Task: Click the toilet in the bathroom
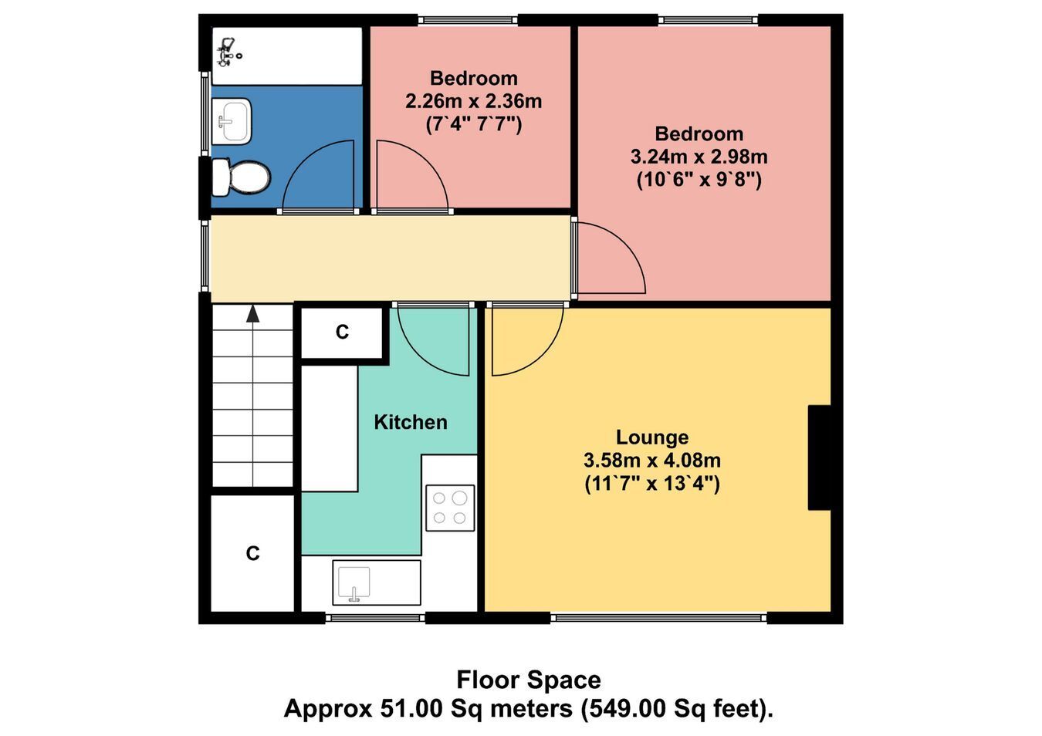(x=241, y=177)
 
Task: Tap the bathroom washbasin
(x=232, y=121)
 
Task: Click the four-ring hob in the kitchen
(x=450, y=508)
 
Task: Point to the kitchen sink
(x=377, y=583)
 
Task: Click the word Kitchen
(x=411, y=422)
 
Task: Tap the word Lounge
(x=652, y=437)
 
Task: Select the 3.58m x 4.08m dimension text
(x=652, y=461)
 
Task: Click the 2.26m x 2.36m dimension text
(x=474, y=101)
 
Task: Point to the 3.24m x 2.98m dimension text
(x=699, y=157)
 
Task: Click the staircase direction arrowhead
(x=252, y=313)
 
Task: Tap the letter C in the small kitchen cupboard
(x=342, y=332)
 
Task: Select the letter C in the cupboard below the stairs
(x=252, y=553)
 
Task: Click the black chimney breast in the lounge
(x=819, y=457)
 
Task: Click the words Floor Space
(x=529, y=680)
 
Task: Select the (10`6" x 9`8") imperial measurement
(x=699, y=180)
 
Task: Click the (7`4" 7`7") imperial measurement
(x=474, y=124)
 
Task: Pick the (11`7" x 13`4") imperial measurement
(x=652, y=484)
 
